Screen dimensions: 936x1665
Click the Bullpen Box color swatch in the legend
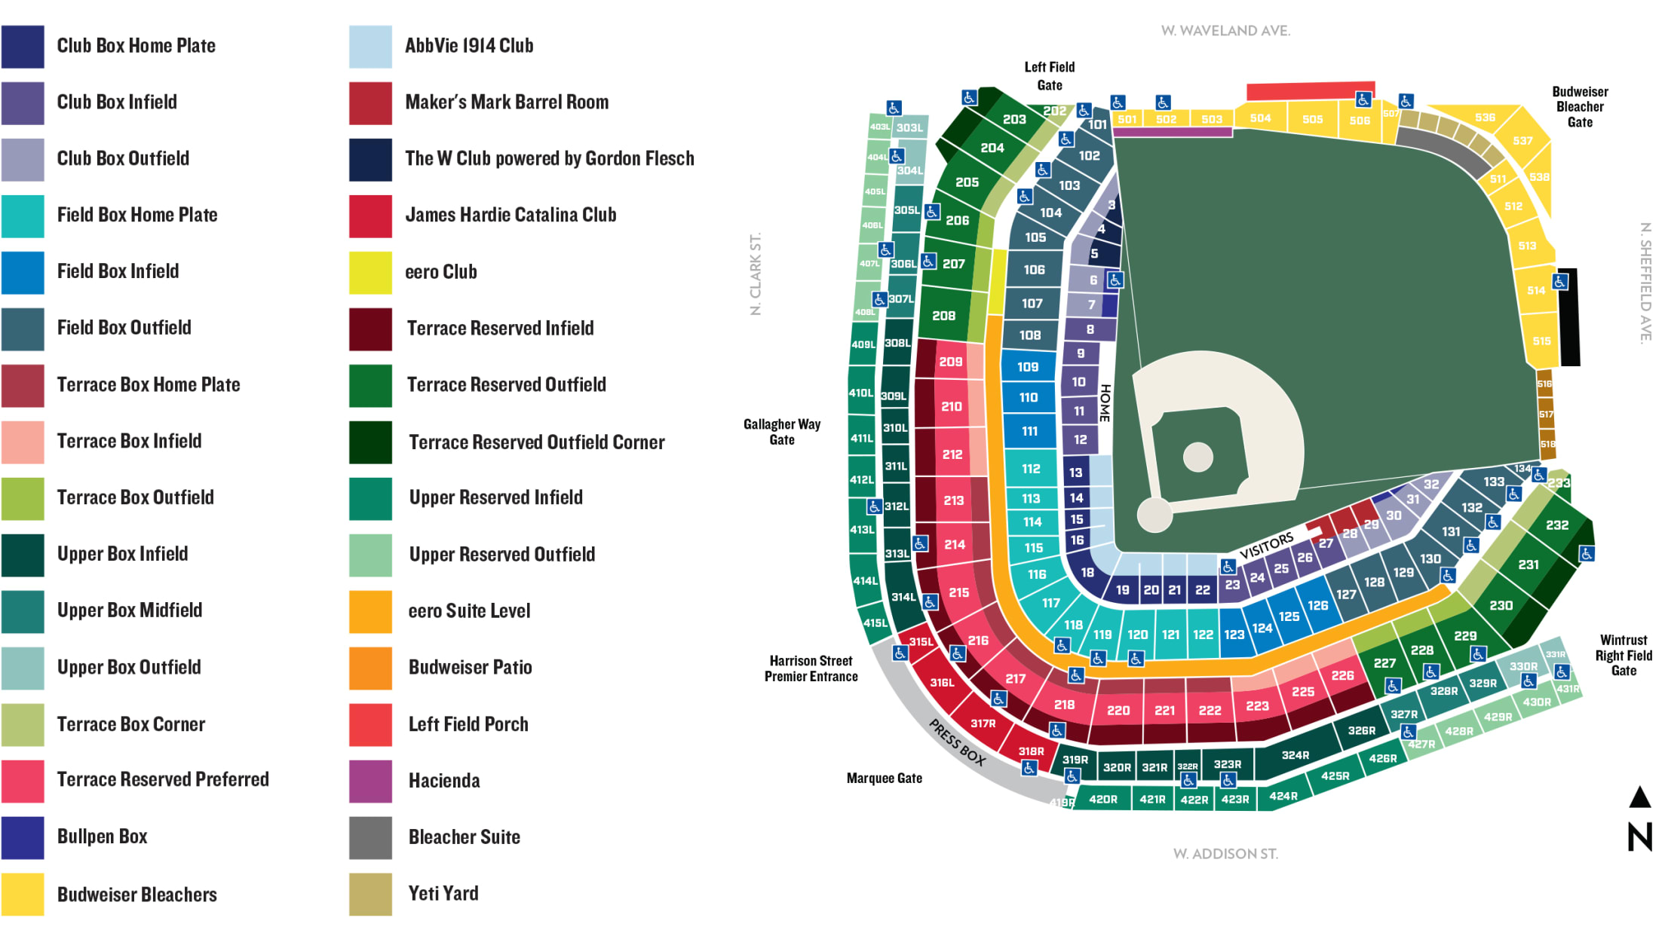(x=23, y=837)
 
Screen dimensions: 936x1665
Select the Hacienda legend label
(x=443, y=781)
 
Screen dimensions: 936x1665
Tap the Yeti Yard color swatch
(x=370, y=894)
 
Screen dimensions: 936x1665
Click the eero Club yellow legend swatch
(x=370, y=272)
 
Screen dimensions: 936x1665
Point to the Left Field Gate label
(x=1049, y=76)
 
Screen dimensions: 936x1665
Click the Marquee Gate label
(x=884, y=778)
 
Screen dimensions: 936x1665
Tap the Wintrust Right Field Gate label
(x=1623, y=655)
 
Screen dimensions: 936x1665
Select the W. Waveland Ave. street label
(x=1225, y=31)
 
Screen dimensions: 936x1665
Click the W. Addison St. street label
(x=1225, y=854)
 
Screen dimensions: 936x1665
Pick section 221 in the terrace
(x=1164, y=710)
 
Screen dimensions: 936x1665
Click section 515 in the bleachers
(x=1541, y=341)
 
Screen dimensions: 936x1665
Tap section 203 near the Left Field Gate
(x=1013, y=119)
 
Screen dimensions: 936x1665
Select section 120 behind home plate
(x=1137, y=635)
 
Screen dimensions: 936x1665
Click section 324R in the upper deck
(x=1295, y=755)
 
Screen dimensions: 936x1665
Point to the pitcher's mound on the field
(x=1197, y=457)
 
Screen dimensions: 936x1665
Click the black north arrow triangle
(x=1639, y=797)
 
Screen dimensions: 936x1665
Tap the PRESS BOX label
(x=956, y=743)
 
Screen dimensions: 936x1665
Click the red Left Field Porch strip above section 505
(x=1310, y=91)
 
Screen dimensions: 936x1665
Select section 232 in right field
(x=1556, y=525)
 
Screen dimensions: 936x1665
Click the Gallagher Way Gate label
(x=781, y=432)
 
